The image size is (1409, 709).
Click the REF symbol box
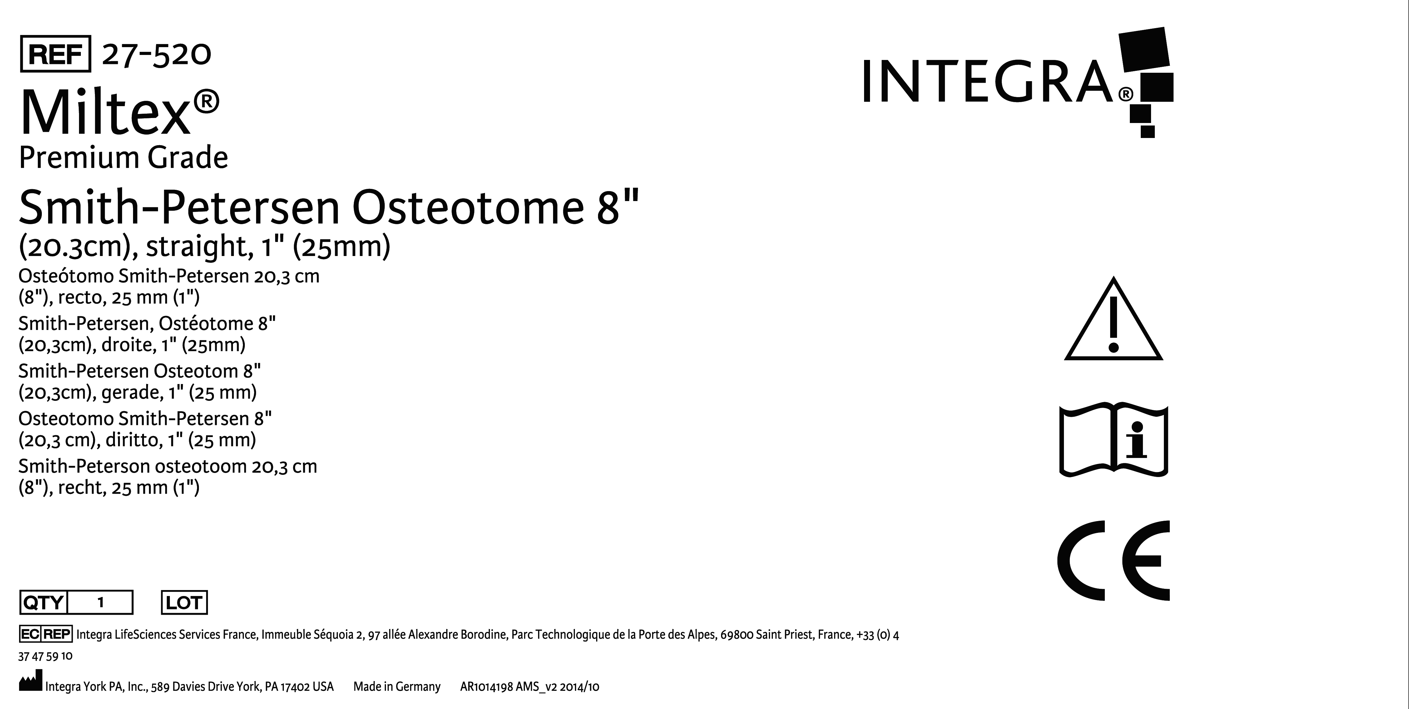pyautogui.click(x=55, y=54)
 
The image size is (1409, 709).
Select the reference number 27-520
pyautogui.click(x=156, y=54)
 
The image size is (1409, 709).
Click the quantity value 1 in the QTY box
pyautogui.click(x=101, y=603)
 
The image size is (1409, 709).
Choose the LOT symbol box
pyautogui.click(x=184, y=603)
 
